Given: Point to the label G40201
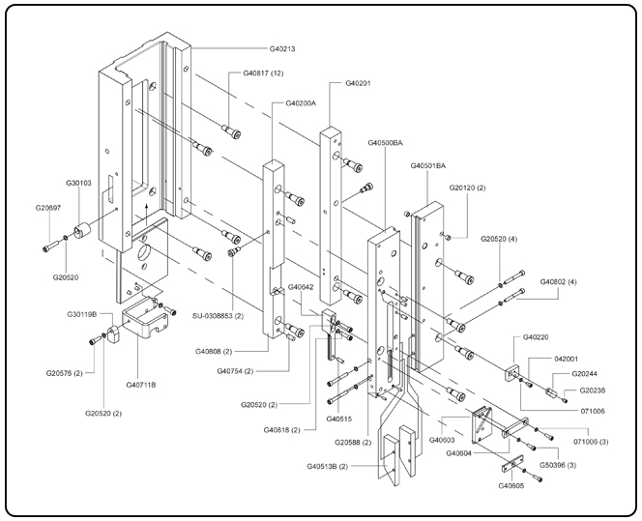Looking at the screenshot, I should click(x=358, y=83).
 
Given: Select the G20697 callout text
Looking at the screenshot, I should click(x=48, y=208).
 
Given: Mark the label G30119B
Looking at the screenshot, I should click(x=85, y=314).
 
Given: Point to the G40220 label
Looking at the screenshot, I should click(x=537, y=337).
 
